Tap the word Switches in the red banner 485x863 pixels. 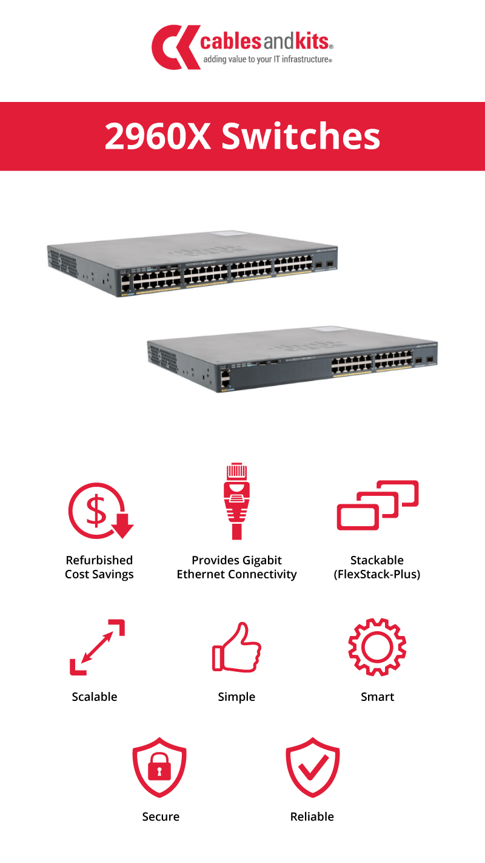(301, 136)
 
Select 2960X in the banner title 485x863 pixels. (158, 136)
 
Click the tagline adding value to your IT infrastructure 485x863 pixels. (267, 59)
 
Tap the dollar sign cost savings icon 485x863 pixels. (101, 510)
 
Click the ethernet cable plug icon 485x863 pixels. (236, 501)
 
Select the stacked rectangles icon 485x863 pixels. (378, 505)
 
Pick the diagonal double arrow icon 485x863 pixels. (98, 647)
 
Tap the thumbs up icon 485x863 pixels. (236, 647)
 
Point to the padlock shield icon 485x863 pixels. (159, 767)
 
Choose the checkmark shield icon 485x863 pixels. (313, 767)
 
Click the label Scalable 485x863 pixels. (95, 697)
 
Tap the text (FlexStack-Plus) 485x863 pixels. (377, 575)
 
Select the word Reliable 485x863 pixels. (312, 816)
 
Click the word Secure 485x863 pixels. (161, 816)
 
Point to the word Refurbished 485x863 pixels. (99, 560)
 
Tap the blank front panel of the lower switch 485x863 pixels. (281, 372)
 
